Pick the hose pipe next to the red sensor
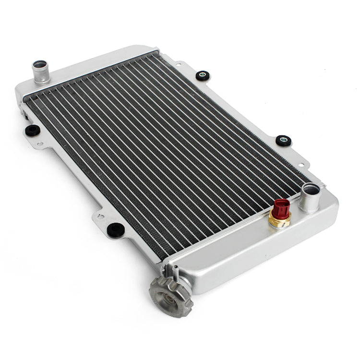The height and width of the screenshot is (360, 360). [309, 199]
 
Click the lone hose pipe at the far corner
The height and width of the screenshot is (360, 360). [40, 72]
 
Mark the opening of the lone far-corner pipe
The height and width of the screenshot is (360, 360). [40, 64]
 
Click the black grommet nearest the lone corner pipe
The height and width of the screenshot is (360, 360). [32, 130]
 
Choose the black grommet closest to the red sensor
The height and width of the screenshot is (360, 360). [283, 140]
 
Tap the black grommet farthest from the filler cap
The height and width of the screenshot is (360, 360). [203, 75]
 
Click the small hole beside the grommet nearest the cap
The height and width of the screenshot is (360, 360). [100, 217]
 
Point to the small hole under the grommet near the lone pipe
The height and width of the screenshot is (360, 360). [40, 143]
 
